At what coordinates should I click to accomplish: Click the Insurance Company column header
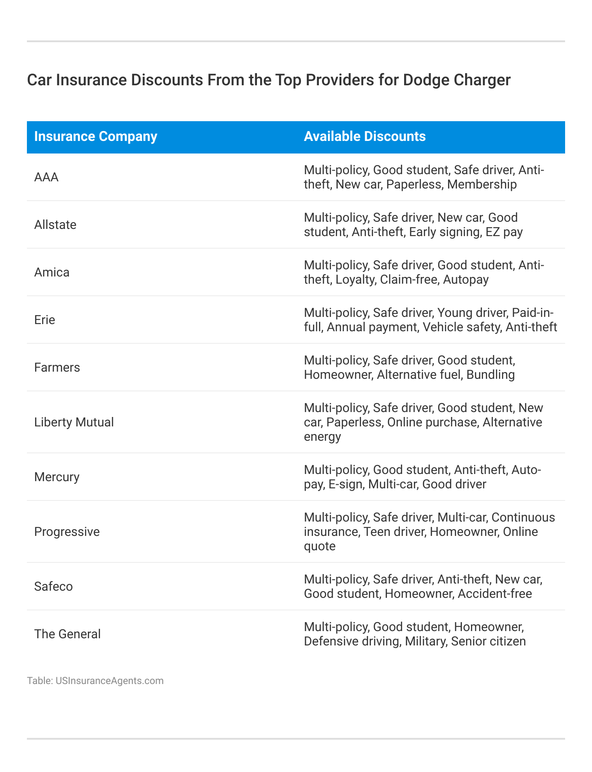tap(96, 136)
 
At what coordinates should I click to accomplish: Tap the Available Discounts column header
tap(365, 136)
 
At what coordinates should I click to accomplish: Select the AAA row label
tap(46, 177)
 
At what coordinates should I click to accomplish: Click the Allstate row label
tap(55, 225)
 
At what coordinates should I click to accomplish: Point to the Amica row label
tap(52, 272)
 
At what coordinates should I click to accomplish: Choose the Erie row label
tap(44, 320)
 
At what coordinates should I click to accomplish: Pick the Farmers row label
tap(57, 368)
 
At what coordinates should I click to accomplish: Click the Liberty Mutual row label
tap(74, 422)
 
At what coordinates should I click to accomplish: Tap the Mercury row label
tap(57, 477)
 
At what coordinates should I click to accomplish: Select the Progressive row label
tap(67, 532)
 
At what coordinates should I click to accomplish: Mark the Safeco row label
tap(53, 587)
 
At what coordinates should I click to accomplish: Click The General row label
tap(67, 634)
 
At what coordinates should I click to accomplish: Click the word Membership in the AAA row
tap(482, 184)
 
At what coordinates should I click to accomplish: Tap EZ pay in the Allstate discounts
tap(505, 232)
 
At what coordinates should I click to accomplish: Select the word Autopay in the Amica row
tap(466, 280)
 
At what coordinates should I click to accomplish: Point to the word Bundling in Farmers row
tap(491, 375)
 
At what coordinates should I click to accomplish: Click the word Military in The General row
tap(425, 641)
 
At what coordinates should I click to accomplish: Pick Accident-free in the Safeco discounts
tap(495, 594)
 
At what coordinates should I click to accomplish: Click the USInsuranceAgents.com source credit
tap(109, 681)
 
